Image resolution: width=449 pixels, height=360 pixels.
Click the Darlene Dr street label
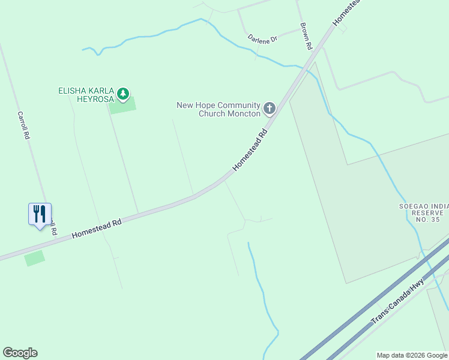click(262, 38)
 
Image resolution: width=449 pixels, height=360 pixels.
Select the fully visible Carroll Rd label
click(23, 126)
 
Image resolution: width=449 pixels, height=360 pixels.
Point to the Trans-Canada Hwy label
click(398, 301)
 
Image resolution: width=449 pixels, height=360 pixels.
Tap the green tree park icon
click(123, 93)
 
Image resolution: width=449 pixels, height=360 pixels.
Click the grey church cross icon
click(270, 109)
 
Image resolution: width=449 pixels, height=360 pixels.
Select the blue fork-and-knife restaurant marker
click(40, 214)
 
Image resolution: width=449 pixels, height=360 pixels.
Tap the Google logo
click(20, 353)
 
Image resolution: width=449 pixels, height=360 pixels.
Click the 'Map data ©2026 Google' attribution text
click(412, 355)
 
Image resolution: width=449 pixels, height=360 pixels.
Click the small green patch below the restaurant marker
click(35, 259)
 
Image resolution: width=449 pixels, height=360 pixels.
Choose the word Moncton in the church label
click(245, 113)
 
